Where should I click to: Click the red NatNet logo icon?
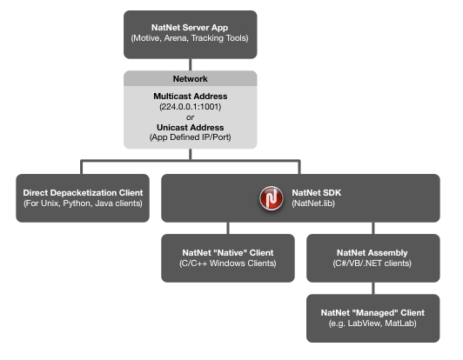pos(272,198)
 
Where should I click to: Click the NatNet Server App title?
pos(190,28)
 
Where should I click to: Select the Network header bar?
pos(190,78)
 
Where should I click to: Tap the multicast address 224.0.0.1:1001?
pos(190,107)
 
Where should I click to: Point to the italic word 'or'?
pos(190,117)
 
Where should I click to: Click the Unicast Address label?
pos(190,128)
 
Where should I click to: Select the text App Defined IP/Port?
pos(190,137)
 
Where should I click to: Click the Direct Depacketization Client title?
pos(83,193)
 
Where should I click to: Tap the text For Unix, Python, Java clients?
pos(83,203)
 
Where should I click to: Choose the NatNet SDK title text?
pos(317,193)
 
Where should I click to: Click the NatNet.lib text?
pos(313,203)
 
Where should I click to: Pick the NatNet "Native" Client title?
pos(228,253)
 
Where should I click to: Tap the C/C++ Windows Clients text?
pos(228,263)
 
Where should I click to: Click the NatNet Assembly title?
pos(372,253)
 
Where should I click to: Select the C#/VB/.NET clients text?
pos(372,263)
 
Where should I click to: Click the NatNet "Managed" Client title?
pos(372,313)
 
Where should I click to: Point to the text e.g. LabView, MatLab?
pos(372,323)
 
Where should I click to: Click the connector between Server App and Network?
pos(190,64)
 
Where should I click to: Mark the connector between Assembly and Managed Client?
pos(373,289)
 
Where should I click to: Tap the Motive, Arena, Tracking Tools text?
pos(190,38)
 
